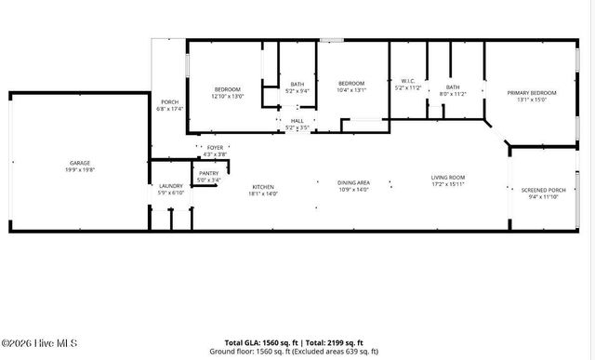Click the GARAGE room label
(x=79, y=163)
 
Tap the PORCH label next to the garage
(x=169, y=102)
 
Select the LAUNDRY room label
(x=170, y=186)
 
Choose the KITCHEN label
(x=264, y=187)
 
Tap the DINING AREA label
(x=353, y=182)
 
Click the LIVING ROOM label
(x=447, y=177)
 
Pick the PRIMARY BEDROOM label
(x=531, y=94)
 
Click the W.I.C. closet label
(x=407, y=81)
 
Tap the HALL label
(x=297, y=120)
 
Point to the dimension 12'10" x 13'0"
(x=227, y=96)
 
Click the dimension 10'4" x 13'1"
(x=352, y=90)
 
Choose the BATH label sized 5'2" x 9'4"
(x=297, y=85)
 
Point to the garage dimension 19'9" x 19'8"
(x=79, y=169)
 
